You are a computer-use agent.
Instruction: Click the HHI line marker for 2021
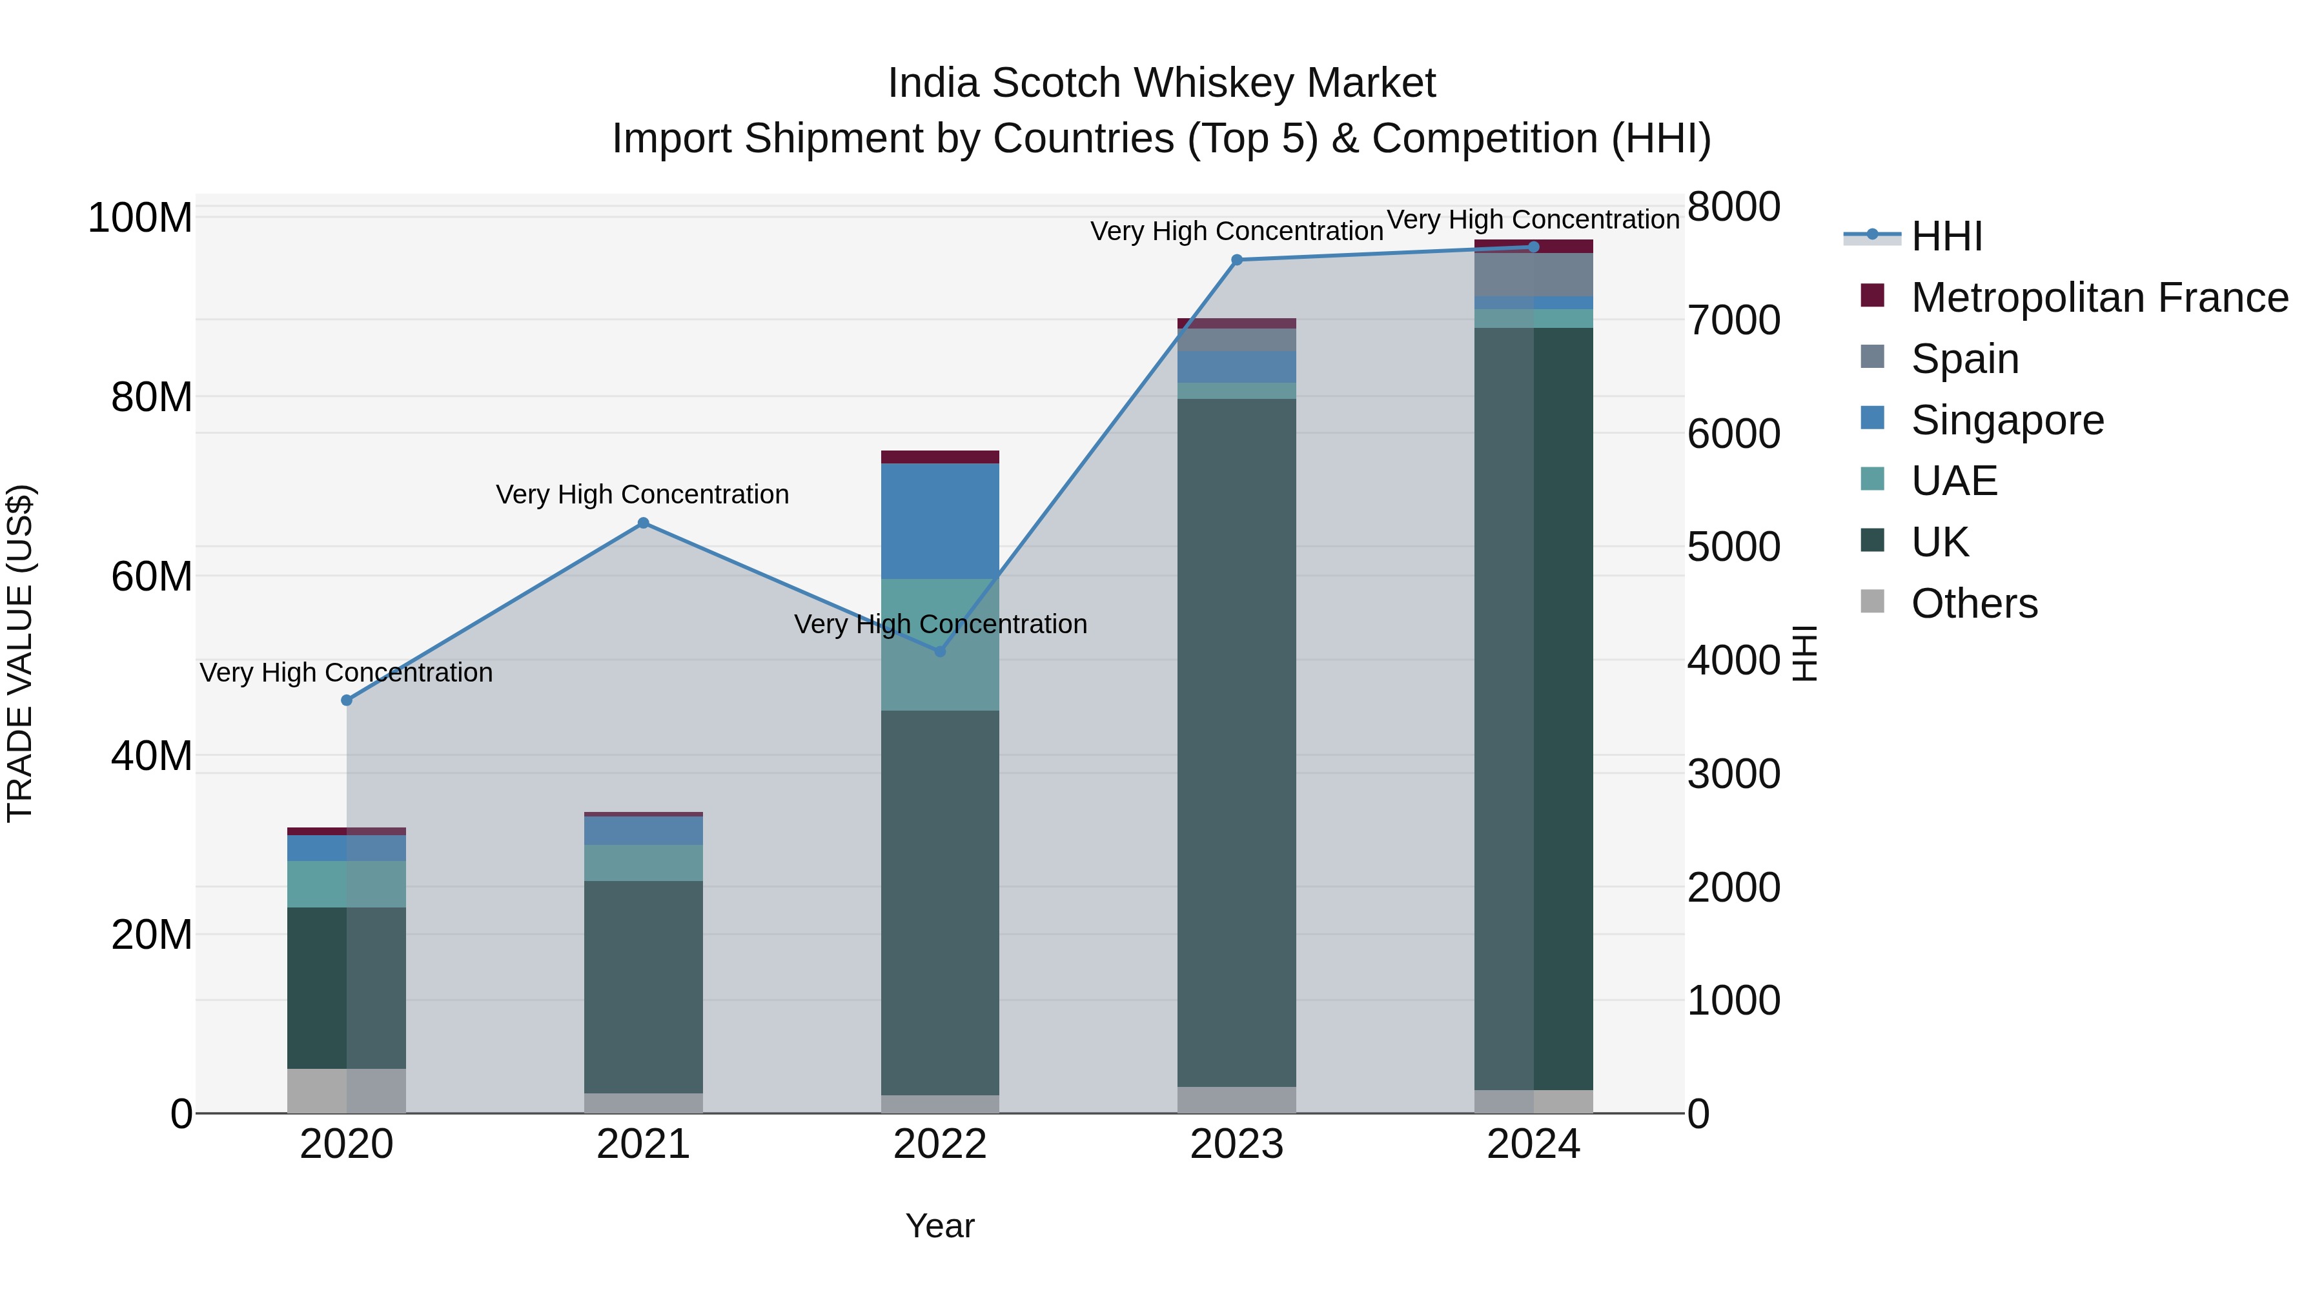tap(643, 523)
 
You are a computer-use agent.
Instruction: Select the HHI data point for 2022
tap(940, 651)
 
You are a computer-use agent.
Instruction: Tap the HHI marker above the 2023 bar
tap(1237, 259)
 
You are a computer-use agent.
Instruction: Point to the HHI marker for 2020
tap(347, 700)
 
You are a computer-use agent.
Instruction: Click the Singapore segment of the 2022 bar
tap(940, 522)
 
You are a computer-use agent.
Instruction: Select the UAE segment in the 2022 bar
tap(940, 645)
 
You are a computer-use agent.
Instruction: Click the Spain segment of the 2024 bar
tap(1534, 274)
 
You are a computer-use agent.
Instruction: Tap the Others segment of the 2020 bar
tap(347, 1091)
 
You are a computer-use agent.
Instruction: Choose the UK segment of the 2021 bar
tap(643, 987)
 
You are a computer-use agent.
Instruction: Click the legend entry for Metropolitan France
tap(2099, 298)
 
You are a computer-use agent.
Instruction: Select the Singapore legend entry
tap(2007, 420)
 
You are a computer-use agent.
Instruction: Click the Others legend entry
tap(1974, 603)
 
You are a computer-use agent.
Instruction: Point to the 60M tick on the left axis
tap(152, 576)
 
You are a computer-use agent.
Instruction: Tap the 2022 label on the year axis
tap(940, 1144)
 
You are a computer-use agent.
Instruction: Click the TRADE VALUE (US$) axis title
tap(20, 653)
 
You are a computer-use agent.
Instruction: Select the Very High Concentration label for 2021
tap(642, 494)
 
